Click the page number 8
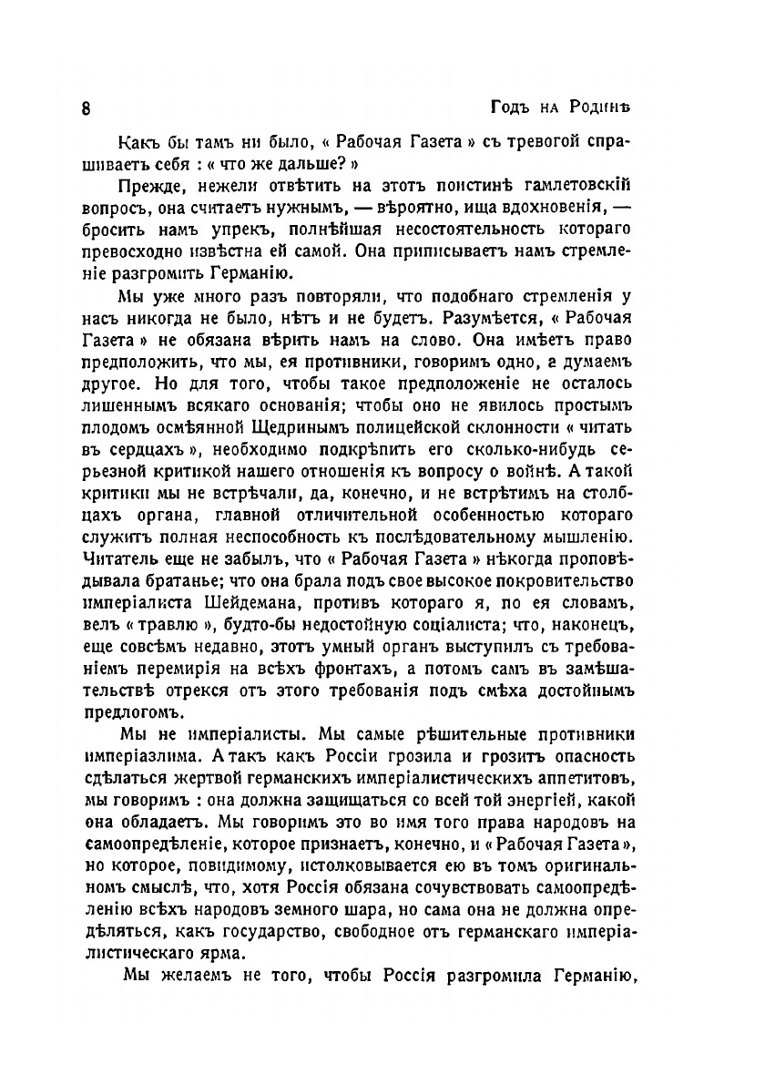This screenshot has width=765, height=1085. [x=85, y=107]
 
